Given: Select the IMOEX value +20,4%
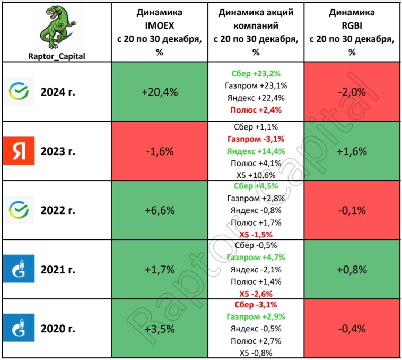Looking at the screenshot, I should click(159, 91).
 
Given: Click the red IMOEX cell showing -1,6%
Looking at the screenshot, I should click(159, 151).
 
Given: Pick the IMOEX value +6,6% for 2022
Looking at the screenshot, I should click(159, 211).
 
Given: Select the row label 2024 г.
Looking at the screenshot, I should click(58, 92).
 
